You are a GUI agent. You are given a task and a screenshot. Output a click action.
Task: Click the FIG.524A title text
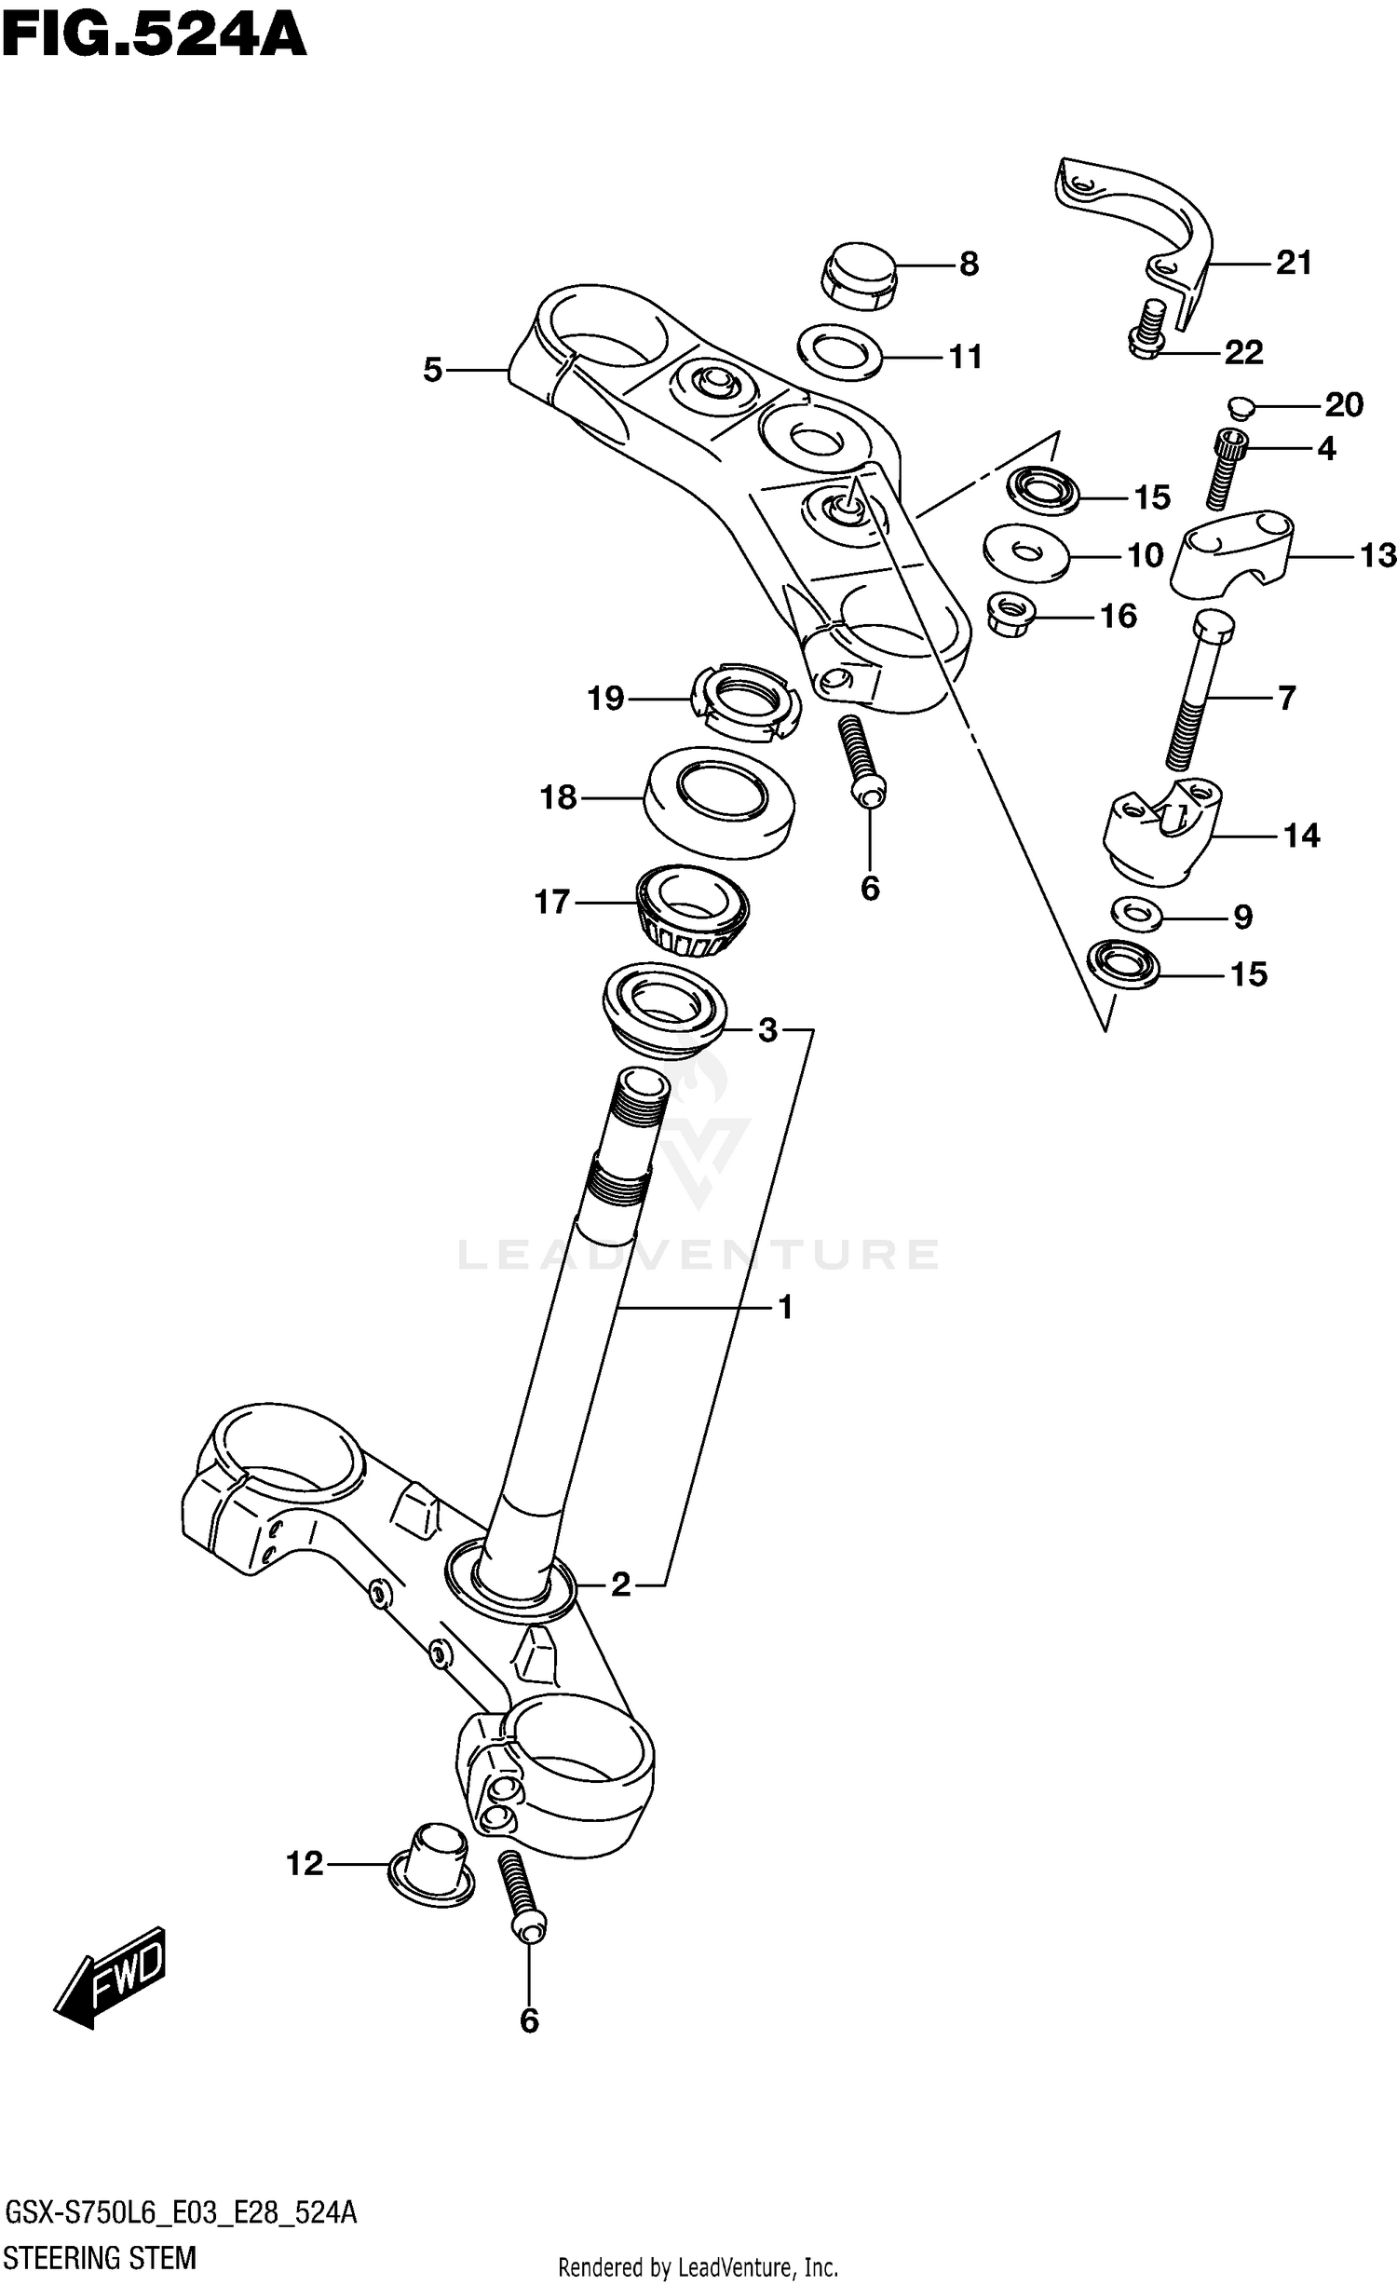tap(154, 37)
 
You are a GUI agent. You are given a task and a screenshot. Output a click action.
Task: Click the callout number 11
tap(966, 357)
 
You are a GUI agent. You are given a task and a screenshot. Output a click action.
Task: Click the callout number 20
tap(1343, 404)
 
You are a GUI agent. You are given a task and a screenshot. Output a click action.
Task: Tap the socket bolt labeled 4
tap(1226, 471)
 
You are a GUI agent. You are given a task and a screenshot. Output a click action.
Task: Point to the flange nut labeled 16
tap(1012, 617)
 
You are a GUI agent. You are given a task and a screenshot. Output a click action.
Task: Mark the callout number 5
tap(432, 371)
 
